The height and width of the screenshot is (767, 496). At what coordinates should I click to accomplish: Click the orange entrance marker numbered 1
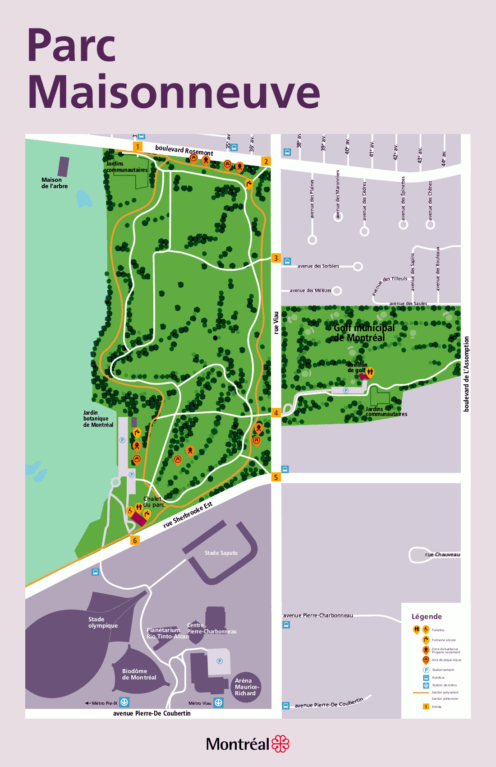pyautogui.click(x=138, y=146)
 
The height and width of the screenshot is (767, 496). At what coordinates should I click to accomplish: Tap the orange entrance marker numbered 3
pyautogui.click(x=276, y=258)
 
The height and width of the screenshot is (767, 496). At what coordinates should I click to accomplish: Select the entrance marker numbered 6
pyautogui.click(x=135, y=540)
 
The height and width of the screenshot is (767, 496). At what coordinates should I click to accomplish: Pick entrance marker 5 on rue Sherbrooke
pyautogui.click(x=276, y=477)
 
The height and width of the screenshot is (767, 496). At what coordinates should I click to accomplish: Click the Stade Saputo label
pyautogui.click(x=221, y=553)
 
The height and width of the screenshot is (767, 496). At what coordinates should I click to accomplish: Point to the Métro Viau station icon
pyautogui.click(x=218, y=702)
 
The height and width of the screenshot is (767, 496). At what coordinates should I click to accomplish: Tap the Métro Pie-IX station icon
pyautogui.click(x=124, y=702)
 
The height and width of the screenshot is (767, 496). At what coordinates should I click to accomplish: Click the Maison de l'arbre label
pyautogui.click(x=55, y=183)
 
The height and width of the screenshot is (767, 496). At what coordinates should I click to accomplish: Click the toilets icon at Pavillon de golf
pyautogui.click(x=370, y=372)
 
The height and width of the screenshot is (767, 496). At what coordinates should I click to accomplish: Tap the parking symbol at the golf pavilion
pyautogui.click(x=346, y=390)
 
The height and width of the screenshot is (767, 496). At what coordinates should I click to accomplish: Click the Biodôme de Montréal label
pyautogui.click(x=139, y=674)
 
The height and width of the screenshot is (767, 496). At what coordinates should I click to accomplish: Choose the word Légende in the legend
pyautogui.click(x=427, y=616)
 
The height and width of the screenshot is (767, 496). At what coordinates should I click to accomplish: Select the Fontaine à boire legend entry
pyautogui.click(x=444, y=640)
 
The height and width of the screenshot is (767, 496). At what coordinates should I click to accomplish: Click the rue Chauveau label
pyautogui.click(x=442, y=554)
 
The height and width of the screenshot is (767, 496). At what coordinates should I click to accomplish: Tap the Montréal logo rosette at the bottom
pyautogui.click(x=280, y=744)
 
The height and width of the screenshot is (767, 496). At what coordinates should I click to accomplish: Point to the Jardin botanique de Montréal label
pyautogui.click(x=98, y=419)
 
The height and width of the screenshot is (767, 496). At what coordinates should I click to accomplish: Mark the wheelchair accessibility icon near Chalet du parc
pyautogui.click(x=130, y=511)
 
